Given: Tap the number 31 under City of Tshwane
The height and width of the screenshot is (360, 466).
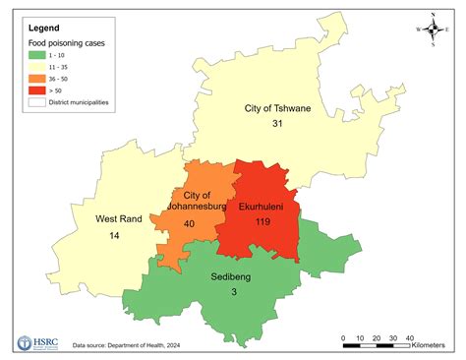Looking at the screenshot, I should (278, 124).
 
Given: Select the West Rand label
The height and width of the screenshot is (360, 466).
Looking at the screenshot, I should (116, 218).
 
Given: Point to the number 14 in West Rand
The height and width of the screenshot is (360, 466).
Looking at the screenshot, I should (116, 235).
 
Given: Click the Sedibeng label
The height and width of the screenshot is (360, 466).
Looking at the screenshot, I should (231, 278).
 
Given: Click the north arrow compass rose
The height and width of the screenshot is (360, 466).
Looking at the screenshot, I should (434, 29).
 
